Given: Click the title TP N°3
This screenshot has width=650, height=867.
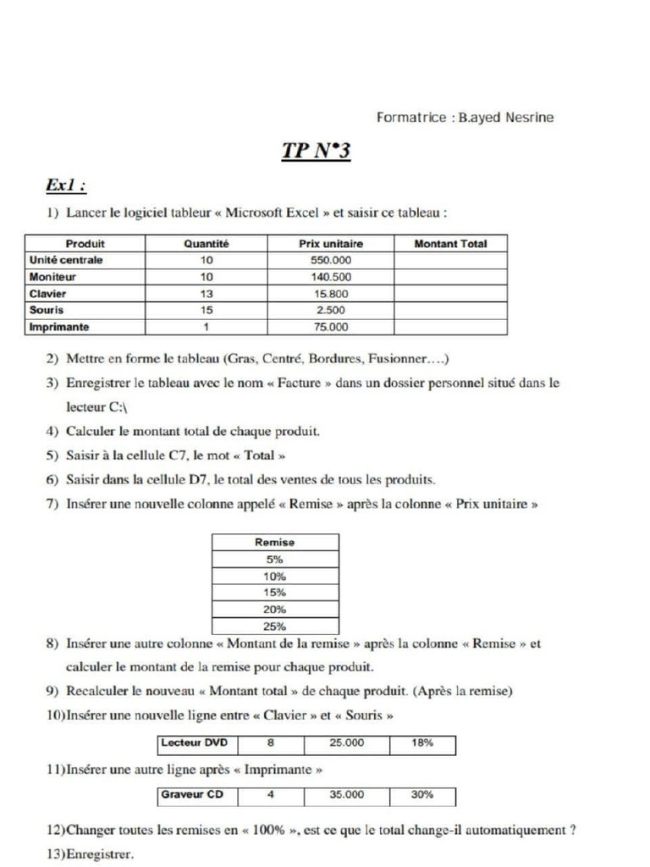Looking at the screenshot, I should point(316,152).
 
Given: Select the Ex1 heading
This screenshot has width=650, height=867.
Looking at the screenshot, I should point(68,185).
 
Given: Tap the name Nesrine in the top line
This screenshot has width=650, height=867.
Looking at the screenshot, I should point(530,118).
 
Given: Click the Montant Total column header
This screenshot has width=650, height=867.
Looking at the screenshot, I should point(450,244).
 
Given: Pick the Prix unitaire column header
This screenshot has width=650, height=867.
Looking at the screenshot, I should point(330,244).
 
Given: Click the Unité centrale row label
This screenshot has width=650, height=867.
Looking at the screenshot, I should point(66,260).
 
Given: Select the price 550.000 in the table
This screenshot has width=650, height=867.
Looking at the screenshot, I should point(330,260).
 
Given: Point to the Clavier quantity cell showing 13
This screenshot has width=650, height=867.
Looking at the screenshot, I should point(207,294).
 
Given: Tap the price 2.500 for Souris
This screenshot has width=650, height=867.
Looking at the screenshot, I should point(330,311).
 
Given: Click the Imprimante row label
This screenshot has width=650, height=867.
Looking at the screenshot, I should point(59,327).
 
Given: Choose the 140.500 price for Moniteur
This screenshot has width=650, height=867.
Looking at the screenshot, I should point(330,277).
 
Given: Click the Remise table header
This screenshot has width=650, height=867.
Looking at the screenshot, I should point(274,542).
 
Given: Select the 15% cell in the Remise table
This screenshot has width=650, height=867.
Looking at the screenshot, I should point(274,593).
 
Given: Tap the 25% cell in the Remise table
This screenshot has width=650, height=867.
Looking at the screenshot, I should point(274,627).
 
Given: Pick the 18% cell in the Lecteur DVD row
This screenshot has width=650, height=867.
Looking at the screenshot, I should point(422,743).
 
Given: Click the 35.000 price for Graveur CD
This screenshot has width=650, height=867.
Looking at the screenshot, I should point(346,795).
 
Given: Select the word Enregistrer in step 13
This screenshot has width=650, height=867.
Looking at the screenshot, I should point(99,854).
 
